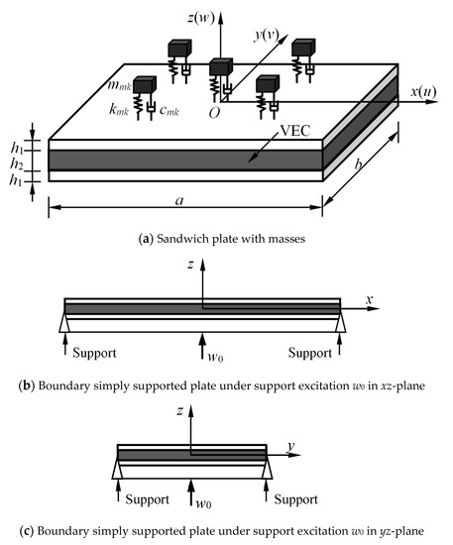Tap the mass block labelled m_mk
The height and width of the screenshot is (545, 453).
145,85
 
